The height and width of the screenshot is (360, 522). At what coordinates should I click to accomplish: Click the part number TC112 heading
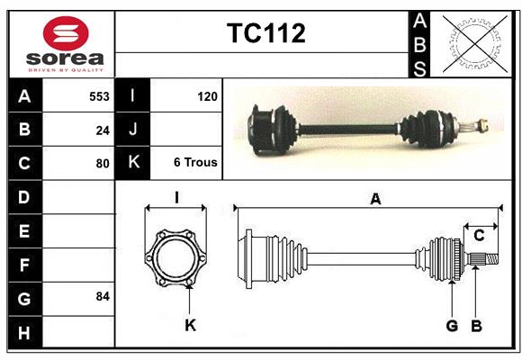[x=265, y=33]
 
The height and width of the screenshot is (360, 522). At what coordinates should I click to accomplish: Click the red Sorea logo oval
[x=66, y=35]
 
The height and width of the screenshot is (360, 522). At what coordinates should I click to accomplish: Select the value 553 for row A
[x=99, y=94]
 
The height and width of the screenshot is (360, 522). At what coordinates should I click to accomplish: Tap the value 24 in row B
[x=103, y=130]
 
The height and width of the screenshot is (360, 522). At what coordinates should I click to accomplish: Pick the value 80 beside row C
[x=103, y=164]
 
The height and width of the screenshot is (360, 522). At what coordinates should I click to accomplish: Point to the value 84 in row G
[x=103, y=296]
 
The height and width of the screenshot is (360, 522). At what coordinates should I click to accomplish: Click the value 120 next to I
[x=206, y=94]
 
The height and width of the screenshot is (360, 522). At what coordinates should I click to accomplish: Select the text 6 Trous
[x=195, y=163]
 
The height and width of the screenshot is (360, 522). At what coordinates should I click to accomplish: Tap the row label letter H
[x=23, y=334]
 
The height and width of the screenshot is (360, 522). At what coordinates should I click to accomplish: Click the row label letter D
[x=23, y=196]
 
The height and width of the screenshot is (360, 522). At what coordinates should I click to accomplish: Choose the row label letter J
[x=133, y=130]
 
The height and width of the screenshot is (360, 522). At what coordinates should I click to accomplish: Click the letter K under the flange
[x=190, y=326]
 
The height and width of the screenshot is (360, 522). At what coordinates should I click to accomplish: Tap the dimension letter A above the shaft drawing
[x=374, y=199]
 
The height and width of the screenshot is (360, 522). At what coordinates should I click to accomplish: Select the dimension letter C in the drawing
[x=479, y=236]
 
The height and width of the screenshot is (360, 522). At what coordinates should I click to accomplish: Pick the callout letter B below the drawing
[x=476, y=326]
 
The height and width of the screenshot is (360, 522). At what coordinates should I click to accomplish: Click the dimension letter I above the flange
[x=176, y=197]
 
